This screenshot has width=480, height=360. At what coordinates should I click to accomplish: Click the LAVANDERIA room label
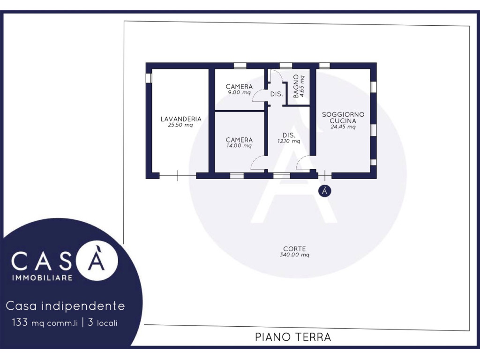[181, 119]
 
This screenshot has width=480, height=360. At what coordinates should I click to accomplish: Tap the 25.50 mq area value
[180, 125]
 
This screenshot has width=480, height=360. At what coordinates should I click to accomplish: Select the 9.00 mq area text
[239, 92]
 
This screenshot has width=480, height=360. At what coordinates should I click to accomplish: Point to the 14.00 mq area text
[239, 145]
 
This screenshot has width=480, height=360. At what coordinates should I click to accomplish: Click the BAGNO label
[296, 86]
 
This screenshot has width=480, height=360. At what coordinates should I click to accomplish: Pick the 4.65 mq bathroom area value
[302, 86]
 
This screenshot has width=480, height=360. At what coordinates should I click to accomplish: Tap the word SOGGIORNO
[343, 114]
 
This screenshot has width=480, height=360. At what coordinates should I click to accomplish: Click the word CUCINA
[343, 120]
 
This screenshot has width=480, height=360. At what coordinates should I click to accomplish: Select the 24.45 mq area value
[343, 127]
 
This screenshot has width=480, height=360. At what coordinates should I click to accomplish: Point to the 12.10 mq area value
[289, 141]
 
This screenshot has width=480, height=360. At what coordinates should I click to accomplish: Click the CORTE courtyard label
[294, 249]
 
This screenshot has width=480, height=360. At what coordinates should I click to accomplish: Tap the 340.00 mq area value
[294, 255]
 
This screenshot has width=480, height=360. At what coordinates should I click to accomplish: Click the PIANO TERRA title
[293, 337]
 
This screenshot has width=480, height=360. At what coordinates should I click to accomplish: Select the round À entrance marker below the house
[324, 191]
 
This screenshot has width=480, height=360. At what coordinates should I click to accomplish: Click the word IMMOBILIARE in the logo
[42, 277]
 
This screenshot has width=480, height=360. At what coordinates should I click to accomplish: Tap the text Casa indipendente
[65, 306]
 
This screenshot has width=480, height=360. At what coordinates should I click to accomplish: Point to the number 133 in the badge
[20, 322]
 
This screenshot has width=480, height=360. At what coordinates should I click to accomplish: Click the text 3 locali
[103, 322]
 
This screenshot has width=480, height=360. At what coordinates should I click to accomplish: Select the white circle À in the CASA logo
[97, 260]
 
